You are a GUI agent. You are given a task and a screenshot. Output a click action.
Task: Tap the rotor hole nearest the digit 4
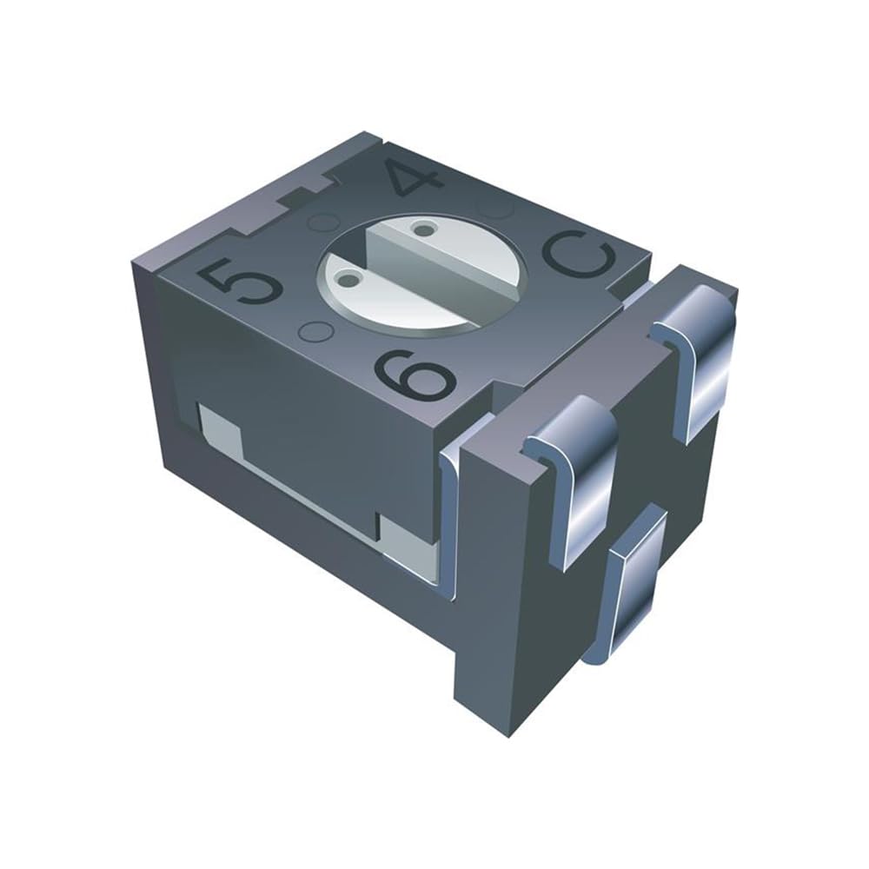pos(423,228)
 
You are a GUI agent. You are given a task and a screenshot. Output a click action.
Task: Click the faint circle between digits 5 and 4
pos(324,222)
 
